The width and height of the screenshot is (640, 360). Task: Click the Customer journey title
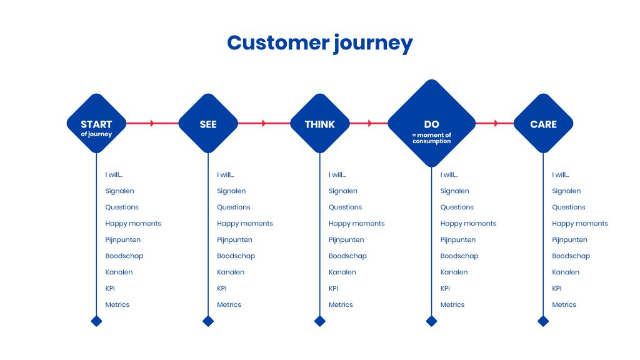(x=319, y=43)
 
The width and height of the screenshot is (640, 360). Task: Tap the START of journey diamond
(x=96, y=124)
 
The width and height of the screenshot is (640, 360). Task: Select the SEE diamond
(x=208, y=124)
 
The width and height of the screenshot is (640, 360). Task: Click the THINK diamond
(x=319, y=124)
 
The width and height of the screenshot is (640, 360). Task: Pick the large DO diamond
(x=431, y=124)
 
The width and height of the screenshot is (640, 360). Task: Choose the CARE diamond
(x=543, y=124)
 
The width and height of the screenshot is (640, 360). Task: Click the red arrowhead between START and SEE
(x=152, y=124)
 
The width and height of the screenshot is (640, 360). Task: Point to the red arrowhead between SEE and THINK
(x=264, y=124)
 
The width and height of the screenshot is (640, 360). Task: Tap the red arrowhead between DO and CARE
(x=496, y=124)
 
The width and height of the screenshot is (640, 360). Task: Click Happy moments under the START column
(x=133, y=224)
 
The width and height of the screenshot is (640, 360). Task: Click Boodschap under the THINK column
(x=347, y=256)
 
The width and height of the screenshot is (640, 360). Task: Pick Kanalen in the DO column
(x=454, y=272)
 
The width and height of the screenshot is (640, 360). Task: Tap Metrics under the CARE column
(x=564, y=305)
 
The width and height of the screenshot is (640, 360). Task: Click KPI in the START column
(x=110, y=289)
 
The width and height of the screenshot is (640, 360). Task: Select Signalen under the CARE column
(x=566, y=191)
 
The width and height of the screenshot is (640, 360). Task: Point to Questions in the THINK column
(x=345, y=207)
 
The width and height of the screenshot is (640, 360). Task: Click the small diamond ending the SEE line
(x=208, y=321)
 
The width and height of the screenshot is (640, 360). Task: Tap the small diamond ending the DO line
(x=431, y=321)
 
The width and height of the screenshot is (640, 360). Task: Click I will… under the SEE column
(x=226, y=175)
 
